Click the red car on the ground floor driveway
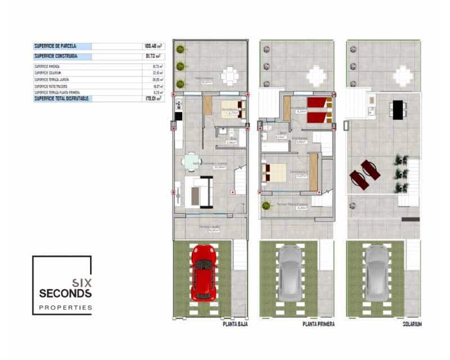203,272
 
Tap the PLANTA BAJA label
232,324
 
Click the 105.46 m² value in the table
153,46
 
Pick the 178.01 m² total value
153,98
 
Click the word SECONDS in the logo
65,294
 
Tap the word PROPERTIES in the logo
65,308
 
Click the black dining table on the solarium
398,109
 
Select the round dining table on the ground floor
190,162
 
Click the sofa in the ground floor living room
199,191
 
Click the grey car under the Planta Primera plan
290,272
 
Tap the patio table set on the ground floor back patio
229,76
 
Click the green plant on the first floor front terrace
265,205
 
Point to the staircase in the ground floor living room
240,181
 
